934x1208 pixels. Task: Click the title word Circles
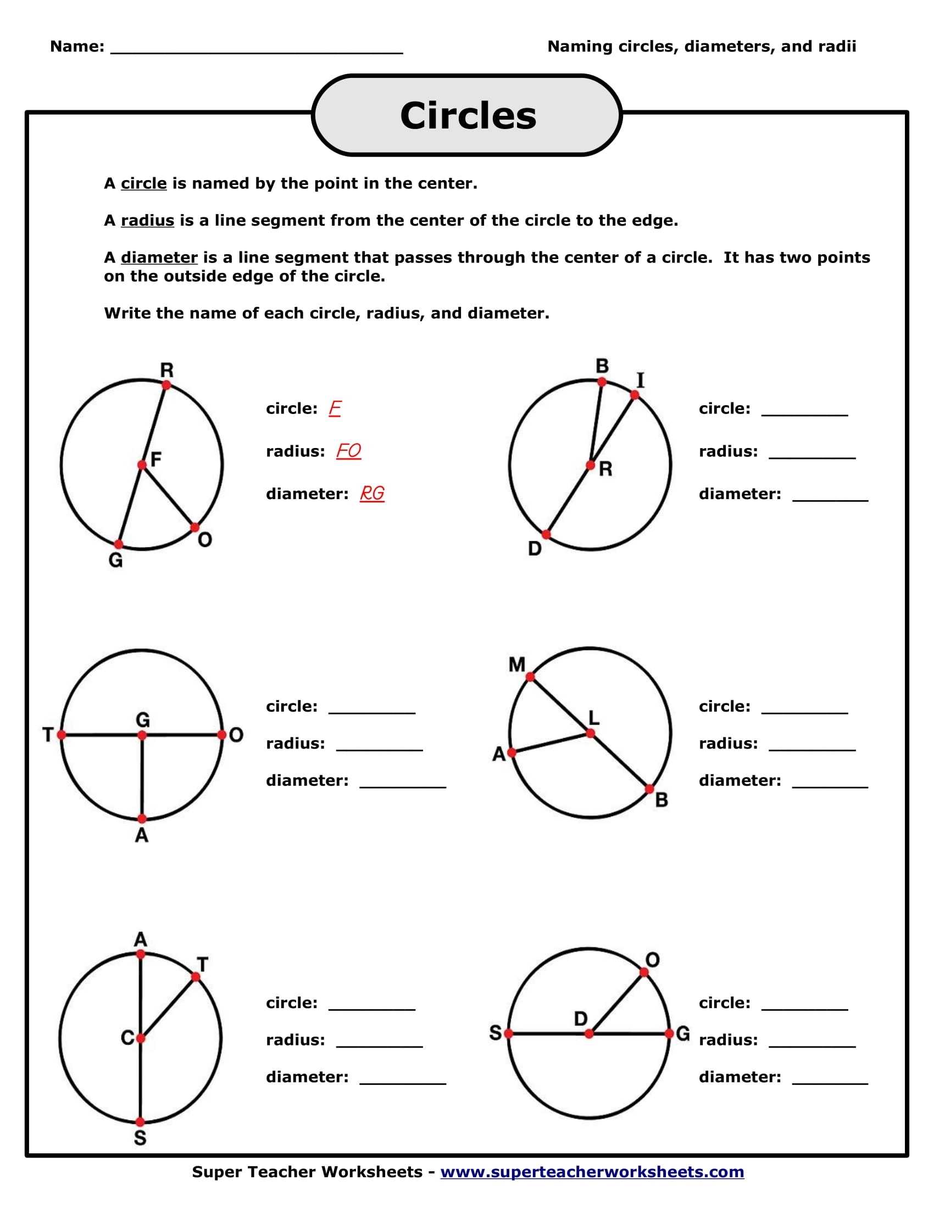[468, 116]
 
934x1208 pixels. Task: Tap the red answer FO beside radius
[348, 451]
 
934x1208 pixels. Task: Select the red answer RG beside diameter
[372, 493]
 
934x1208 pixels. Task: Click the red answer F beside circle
[334, 408]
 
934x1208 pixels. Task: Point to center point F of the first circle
[142, 465]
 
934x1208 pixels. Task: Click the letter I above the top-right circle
[641, 381]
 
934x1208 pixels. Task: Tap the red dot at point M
[530, 676]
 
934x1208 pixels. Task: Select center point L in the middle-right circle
[591, 734]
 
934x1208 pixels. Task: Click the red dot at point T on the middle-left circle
[62, 735]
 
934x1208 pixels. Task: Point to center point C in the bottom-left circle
[141, 1038]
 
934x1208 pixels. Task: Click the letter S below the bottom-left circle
[140, 1138]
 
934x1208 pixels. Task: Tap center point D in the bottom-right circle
[590, 1033]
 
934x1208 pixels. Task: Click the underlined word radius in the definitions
[147, 220]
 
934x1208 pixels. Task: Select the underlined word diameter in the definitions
[159, 257]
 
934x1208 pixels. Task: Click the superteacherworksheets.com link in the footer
[592, 1172]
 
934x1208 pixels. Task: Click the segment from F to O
[168, 496]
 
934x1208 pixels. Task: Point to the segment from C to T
[168, 1007]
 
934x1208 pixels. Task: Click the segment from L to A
[551, 743]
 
